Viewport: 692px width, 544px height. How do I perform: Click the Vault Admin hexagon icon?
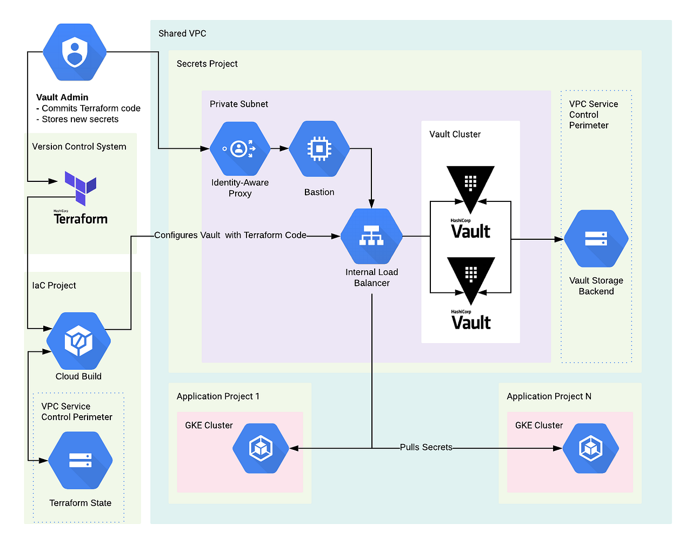pos(75,52)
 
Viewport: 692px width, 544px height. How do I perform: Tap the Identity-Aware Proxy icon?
pos(239,149)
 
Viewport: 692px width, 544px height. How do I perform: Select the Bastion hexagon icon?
pos(319,149)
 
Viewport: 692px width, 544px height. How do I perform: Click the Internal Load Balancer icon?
pos(371,237)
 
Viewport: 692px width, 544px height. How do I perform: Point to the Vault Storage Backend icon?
pos(596,239)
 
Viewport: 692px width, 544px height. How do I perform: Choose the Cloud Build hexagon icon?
pos(78,341)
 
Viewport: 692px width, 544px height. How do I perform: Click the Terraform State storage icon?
pos(80,461)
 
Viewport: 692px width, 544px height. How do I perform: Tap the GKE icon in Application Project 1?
pos(261,449)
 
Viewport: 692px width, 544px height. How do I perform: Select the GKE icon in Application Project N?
pos(590,449)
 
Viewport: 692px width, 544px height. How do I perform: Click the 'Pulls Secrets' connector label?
pos(426,447)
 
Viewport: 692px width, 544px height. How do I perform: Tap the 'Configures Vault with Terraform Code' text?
pos(230,235)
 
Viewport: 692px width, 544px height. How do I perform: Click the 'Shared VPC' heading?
pos(182,34)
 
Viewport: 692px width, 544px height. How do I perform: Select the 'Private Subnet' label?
pos(238,104)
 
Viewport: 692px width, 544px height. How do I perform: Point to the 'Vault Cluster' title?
pos(455,134)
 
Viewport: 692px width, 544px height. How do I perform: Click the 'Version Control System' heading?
pos(79,147)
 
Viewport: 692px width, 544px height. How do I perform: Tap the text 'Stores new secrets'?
pos(80,119)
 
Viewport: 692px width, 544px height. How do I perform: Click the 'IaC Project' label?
pos(54,285)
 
